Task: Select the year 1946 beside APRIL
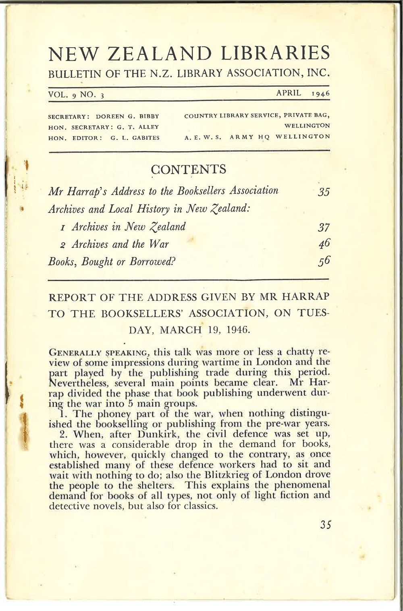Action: point(320,93)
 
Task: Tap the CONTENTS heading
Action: point(188,169)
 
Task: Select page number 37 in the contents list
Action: point(324,228)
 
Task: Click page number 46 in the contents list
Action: point(324,244)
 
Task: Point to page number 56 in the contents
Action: point(324,261)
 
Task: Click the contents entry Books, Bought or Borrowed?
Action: point(112,262)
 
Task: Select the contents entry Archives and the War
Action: point(120,244)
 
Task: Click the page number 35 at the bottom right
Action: point(325,524)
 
